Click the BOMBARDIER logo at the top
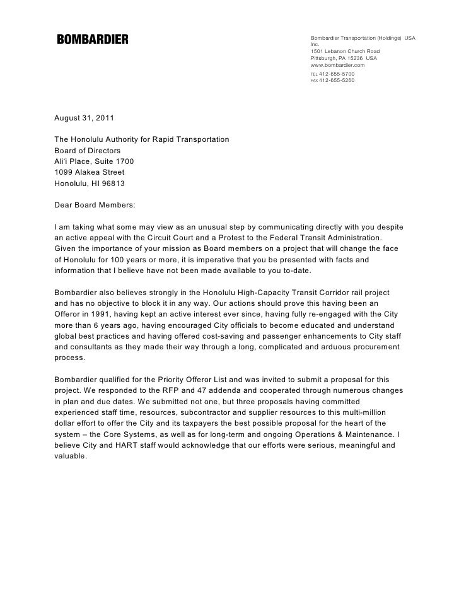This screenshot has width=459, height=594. click(93, 40)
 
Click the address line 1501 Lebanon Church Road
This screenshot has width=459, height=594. click(345, 51)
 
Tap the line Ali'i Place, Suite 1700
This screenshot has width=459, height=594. click(94, 161)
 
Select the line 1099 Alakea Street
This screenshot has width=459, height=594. click(90, 172)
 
